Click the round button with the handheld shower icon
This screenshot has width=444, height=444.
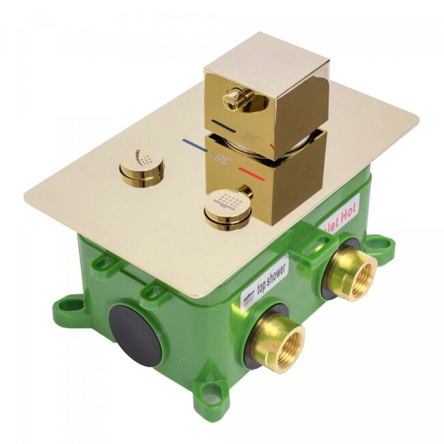point(141,163)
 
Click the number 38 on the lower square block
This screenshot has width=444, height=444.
point(223,162)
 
